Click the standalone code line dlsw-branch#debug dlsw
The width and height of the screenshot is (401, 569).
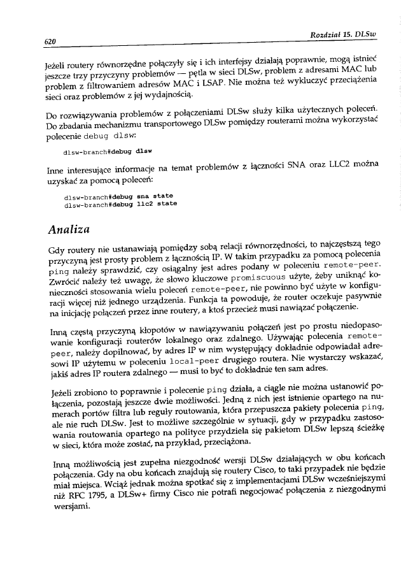[x=108, y=152]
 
